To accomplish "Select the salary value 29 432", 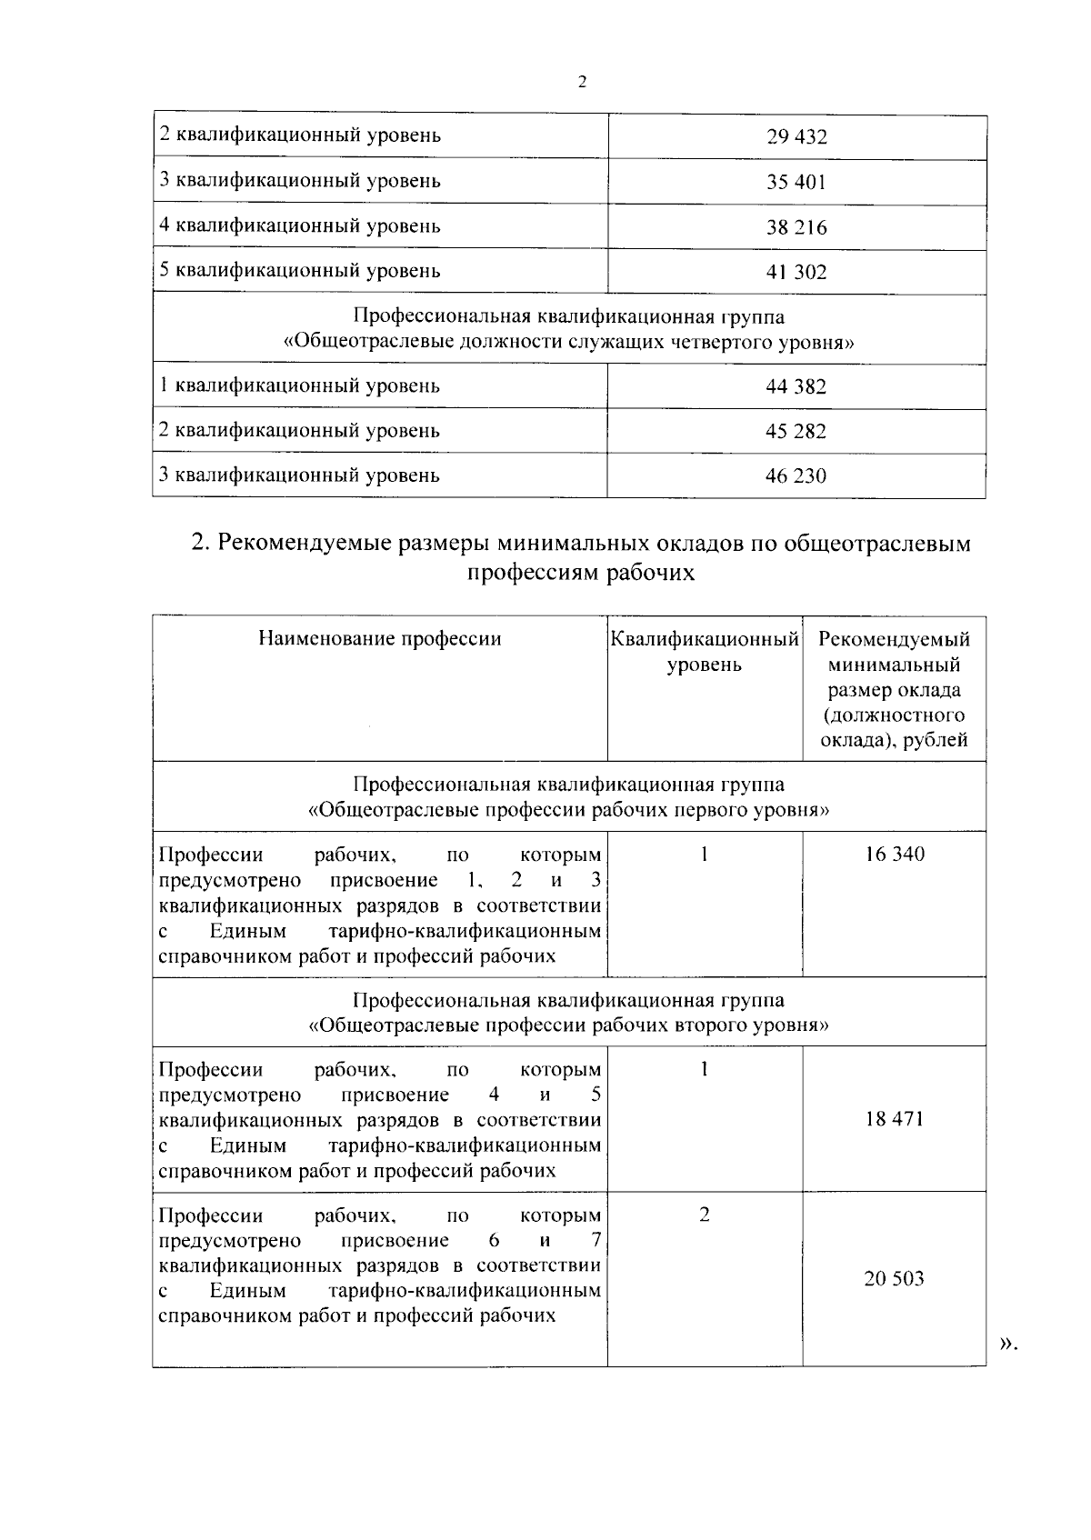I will click(796, 138).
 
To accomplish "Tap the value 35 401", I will click(796, 183).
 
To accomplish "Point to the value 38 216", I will click(796, 227).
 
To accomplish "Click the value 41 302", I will click(796, 272).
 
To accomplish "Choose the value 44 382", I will click(796, 387).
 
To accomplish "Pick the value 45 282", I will click(796, 432).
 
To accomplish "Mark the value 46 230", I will click(796, 476).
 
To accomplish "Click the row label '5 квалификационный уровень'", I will click(299, 271).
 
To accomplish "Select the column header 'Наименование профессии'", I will click(379, 639).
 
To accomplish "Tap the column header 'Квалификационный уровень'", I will click(705, 652).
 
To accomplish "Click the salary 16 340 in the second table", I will click(895, 855).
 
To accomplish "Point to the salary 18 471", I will click(895, 1119).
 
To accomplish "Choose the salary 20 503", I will click(895, 1280).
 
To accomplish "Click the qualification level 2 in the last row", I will click(705, 1216).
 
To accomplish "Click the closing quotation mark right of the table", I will click(1006, 1345).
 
